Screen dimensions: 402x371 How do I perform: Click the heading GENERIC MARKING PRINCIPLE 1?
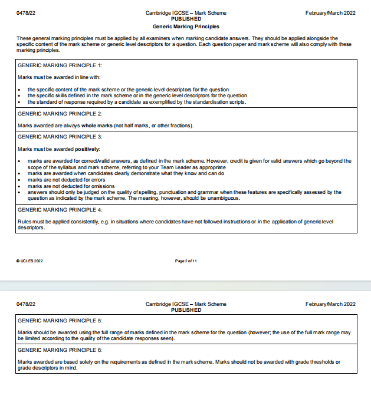pyautogui.click(x=60, y=65)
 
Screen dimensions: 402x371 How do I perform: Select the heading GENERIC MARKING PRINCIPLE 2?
pyautogui.click(x=60, y=113)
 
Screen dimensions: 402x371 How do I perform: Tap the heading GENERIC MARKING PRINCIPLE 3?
pyautogui.click(x=60, y=136)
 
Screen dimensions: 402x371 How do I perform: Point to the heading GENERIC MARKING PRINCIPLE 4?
pyautogui.click(x=60, y=209)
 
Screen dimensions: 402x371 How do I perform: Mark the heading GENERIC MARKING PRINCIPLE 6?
pyautogui.click(x=60, y=350)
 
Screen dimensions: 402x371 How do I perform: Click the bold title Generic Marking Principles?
pyautogui.click(x=185, y=27)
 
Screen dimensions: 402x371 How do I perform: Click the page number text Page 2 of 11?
pyautogui.click(x=185, y=261)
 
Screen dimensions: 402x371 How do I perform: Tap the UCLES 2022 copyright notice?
pyautogui.click(x=29, y=261)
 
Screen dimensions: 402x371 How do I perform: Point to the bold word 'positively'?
pyautogui.click(x=86, y=149)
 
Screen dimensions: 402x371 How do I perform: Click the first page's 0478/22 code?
pyautogui.click(x=27, y=13)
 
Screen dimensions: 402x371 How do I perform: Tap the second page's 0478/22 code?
pyautogui.click(x=27, y=304)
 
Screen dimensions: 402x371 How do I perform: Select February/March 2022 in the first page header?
pyautogui.click(x=330, y=13)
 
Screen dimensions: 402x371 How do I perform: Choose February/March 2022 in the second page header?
pyautogui.click(x=330, y=304)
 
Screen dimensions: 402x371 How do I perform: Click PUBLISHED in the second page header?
pyautogui.click(x=185, y=310)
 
